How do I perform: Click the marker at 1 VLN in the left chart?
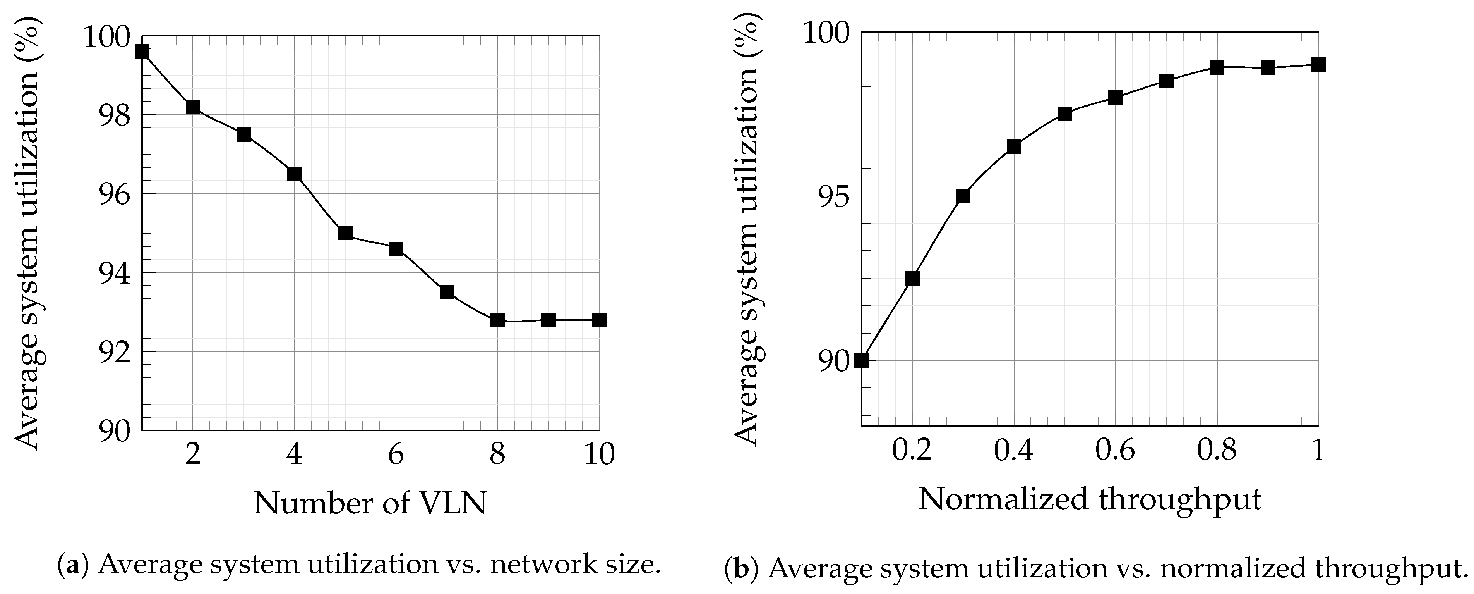(142, 52)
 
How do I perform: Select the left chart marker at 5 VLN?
(345, 233)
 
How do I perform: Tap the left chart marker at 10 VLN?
(599, 320)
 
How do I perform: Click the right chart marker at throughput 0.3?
(963, 196)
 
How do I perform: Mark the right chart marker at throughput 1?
(1318, 65)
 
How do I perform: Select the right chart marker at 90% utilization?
(862, 360)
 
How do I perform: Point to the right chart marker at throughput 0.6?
(1115, 97)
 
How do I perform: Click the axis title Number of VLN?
(370, 503)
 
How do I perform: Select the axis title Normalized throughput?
(1090, 499)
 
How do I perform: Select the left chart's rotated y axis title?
(27, 235)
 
